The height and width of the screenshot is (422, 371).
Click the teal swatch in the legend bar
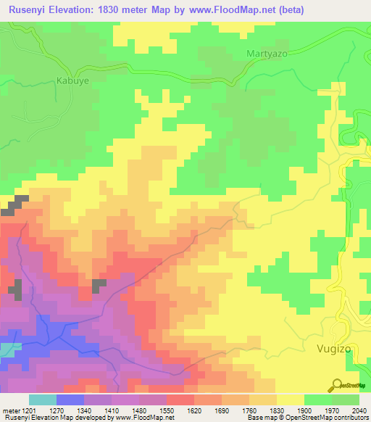tap(42, 400)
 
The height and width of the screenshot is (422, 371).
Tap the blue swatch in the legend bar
tap(70, 400)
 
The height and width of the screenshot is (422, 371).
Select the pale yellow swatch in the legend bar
tap(291, 400)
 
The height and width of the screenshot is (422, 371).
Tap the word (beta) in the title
tap(289, 9)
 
